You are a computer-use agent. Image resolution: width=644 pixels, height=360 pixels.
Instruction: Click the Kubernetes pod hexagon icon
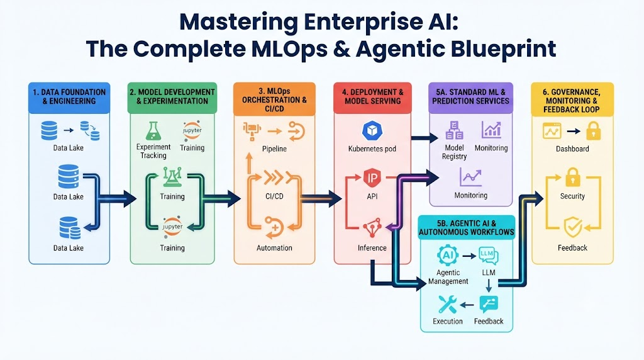pyautogui.click(x=372, y=131)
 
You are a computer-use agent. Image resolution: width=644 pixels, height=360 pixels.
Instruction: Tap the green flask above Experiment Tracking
pyautogui.click(x=153, y=131)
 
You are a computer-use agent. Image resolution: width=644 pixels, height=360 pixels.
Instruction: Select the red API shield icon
pyautogui.click(x=372, y=178)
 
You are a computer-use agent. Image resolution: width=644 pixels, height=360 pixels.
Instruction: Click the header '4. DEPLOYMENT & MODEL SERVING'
pyautogui.click(x=372, y=96)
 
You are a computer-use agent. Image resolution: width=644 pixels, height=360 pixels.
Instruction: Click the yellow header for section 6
pyautogui.click(x=572, y=101)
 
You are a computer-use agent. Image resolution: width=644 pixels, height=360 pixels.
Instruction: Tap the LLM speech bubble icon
pyautogui.click(x=488, y=256)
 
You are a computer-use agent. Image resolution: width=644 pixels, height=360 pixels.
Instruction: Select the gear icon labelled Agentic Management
pyautogui.click(x=448, y=255)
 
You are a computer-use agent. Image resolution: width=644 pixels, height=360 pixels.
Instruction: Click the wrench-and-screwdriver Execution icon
pyautogui.click(x=447, y=305)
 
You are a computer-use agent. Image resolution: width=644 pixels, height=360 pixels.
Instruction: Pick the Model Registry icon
pyautogui.click(x=454, y=130)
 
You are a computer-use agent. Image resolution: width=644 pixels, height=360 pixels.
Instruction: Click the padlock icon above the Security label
pyautogui.click(x=572, y=177)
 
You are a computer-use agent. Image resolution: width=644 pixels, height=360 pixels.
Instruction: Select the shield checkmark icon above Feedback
pyautogui.click(x=572, y=227)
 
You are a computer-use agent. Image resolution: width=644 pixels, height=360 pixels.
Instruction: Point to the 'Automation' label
pyautogui.click(x=274, y=248)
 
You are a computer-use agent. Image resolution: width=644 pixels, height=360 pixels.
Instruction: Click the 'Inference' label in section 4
pyautogui.click(x=372, y=248)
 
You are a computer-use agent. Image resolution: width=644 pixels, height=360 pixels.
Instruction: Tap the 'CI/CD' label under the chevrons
pyautogui.click(x=274, y=196)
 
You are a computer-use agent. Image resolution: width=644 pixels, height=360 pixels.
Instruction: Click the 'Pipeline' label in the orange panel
pyautogui.click(x=274, y=149)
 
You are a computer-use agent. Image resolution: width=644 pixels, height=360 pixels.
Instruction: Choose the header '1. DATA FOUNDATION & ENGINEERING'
pyautogui.click(x=69, y=96)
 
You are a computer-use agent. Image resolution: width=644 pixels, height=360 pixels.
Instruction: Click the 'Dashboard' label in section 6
pyautogui.click(x=572, y=149)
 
